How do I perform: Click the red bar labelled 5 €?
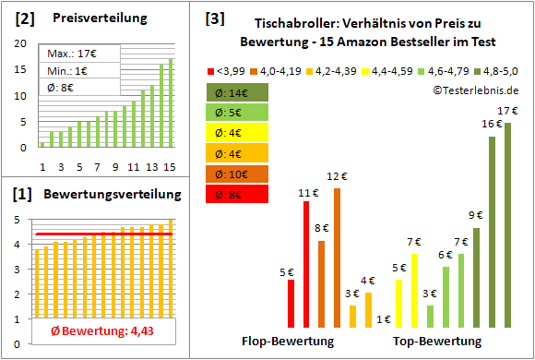[291, 303]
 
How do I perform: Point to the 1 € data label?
[383, 319]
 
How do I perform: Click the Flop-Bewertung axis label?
[288, 341]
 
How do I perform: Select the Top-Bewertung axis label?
[436, 341]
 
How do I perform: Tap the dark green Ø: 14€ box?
[237, 92]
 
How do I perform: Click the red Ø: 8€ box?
[237, 194]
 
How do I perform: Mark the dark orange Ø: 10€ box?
[237, 174]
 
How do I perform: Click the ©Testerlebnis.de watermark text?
[474, 90]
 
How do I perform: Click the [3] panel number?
[214, 18]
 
